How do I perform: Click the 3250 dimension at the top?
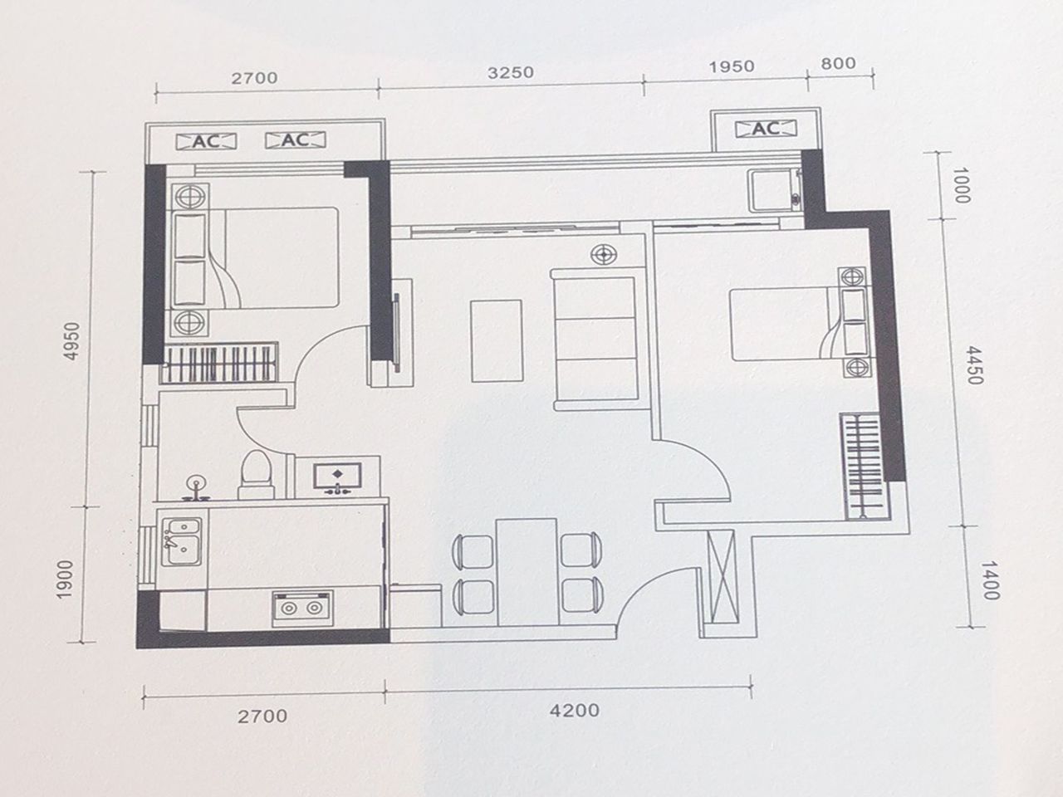(x=510, y=72)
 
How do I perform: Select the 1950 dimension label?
(x=732, y=66)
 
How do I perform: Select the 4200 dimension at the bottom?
(x=573, y=711)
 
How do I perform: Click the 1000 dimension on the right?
(x=961, y=186)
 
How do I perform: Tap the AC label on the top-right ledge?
(x=765, y=129)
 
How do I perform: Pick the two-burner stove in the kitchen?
(x=301, y=608)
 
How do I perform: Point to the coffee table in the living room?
(x=497, y=340)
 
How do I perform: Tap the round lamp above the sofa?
(x=604, y=255)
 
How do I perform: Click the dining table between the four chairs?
(x=526, y=572)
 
